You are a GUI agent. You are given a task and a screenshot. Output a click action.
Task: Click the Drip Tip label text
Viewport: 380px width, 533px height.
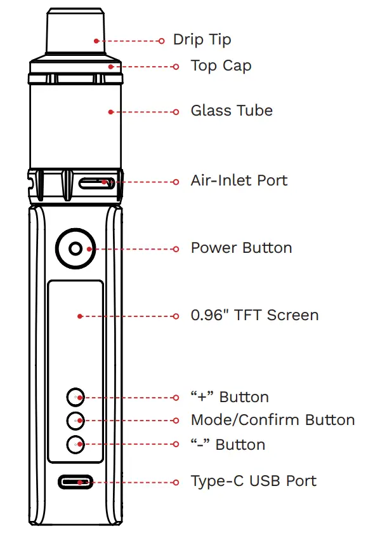202,39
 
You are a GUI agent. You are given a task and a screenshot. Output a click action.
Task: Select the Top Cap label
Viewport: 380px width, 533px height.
221,66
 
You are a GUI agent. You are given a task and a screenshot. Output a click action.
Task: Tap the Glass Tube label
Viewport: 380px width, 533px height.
232,111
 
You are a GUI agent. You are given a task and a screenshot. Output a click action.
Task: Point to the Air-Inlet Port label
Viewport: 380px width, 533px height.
239,180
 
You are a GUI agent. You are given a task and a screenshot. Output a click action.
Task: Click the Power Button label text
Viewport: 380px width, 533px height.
241,248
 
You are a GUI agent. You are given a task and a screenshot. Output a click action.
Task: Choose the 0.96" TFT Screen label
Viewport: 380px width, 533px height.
254,315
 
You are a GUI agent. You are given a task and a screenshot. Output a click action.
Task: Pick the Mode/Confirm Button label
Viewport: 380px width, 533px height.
272,420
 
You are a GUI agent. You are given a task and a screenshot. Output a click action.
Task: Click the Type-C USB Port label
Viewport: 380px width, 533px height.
253,481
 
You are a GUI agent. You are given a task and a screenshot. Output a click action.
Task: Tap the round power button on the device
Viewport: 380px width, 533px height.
75,248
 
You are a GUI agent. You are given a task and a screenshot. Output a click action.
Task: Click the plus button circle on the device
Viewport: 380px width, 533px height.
75,397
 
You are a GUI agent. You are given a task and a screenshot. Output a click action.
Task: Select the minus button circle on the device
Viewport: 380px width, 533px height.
75,444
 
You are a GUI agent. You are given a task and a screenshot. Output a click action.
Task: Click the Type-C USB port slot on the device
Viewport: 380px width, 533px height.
76,482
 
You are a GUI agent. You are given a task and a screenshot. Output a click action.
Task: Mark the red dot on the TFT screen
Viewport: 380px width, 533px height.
79,316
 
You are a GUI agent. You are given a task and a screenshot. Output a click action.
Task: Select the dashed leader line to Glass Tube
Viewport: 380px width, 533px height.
143,112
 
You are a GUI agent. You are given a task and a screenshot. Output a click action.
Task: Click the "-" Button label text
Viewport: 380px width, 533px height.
228,444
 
